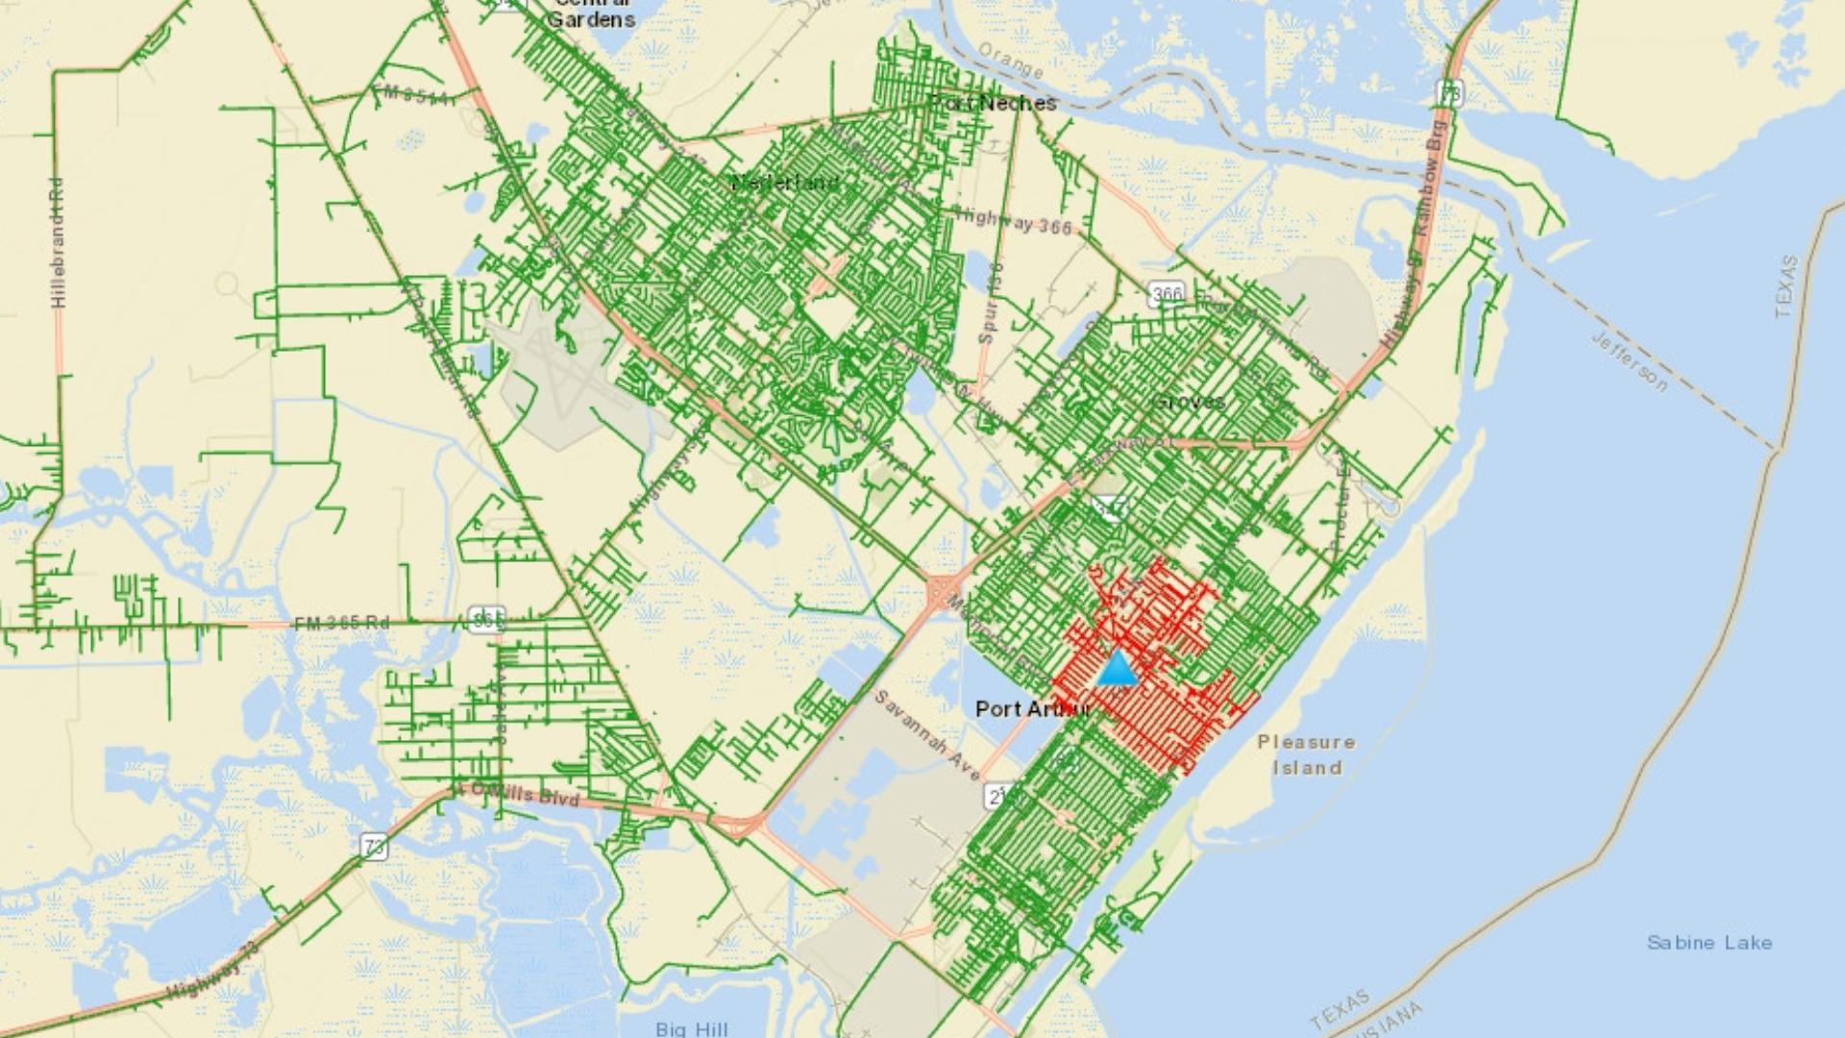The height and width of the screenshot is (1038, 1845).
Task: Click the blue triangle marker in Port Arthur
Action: (x=1117, y=669)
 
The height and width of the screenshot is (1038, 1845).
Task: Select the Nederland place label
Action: (x=785, y=183)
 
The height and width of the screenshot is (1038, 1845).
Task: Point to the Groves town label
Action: (x=1190, y=401)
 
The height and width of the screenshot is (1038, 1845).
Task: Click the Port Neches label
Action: (x=995, y=103)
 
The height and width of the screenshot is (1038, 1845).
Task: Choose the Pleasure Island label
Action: (x=1307, y=754)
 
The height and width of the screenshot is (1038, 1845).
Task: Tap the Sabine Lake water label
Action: (x=1710, y=943)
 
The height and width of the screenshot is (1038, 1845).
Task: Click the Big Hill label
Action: (x=692, y=1028)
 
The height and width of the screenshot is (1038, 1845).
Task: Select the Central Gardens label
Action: (x=592, y=13)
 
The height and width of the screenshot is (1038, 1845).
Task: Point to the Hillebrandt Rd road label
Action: (x=59, y=241)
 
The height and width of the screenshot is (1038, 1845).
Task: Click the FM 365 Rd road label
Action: (x=341, y=623)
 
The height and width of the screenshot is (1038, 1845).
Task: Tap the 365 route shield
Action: (x=486, y=620)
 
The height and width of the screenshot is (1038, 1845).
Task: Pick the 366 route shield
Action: (x=1167, y=293)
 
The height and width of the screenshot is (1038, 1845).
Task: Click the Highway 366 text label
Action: (x=1014, y=222)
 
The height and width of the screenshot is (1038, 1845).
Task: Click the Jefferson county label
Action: (x=1630, y=361)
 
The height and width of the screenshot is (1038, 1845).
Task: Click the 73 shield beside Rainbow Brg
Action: (x=1449, y=93)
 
